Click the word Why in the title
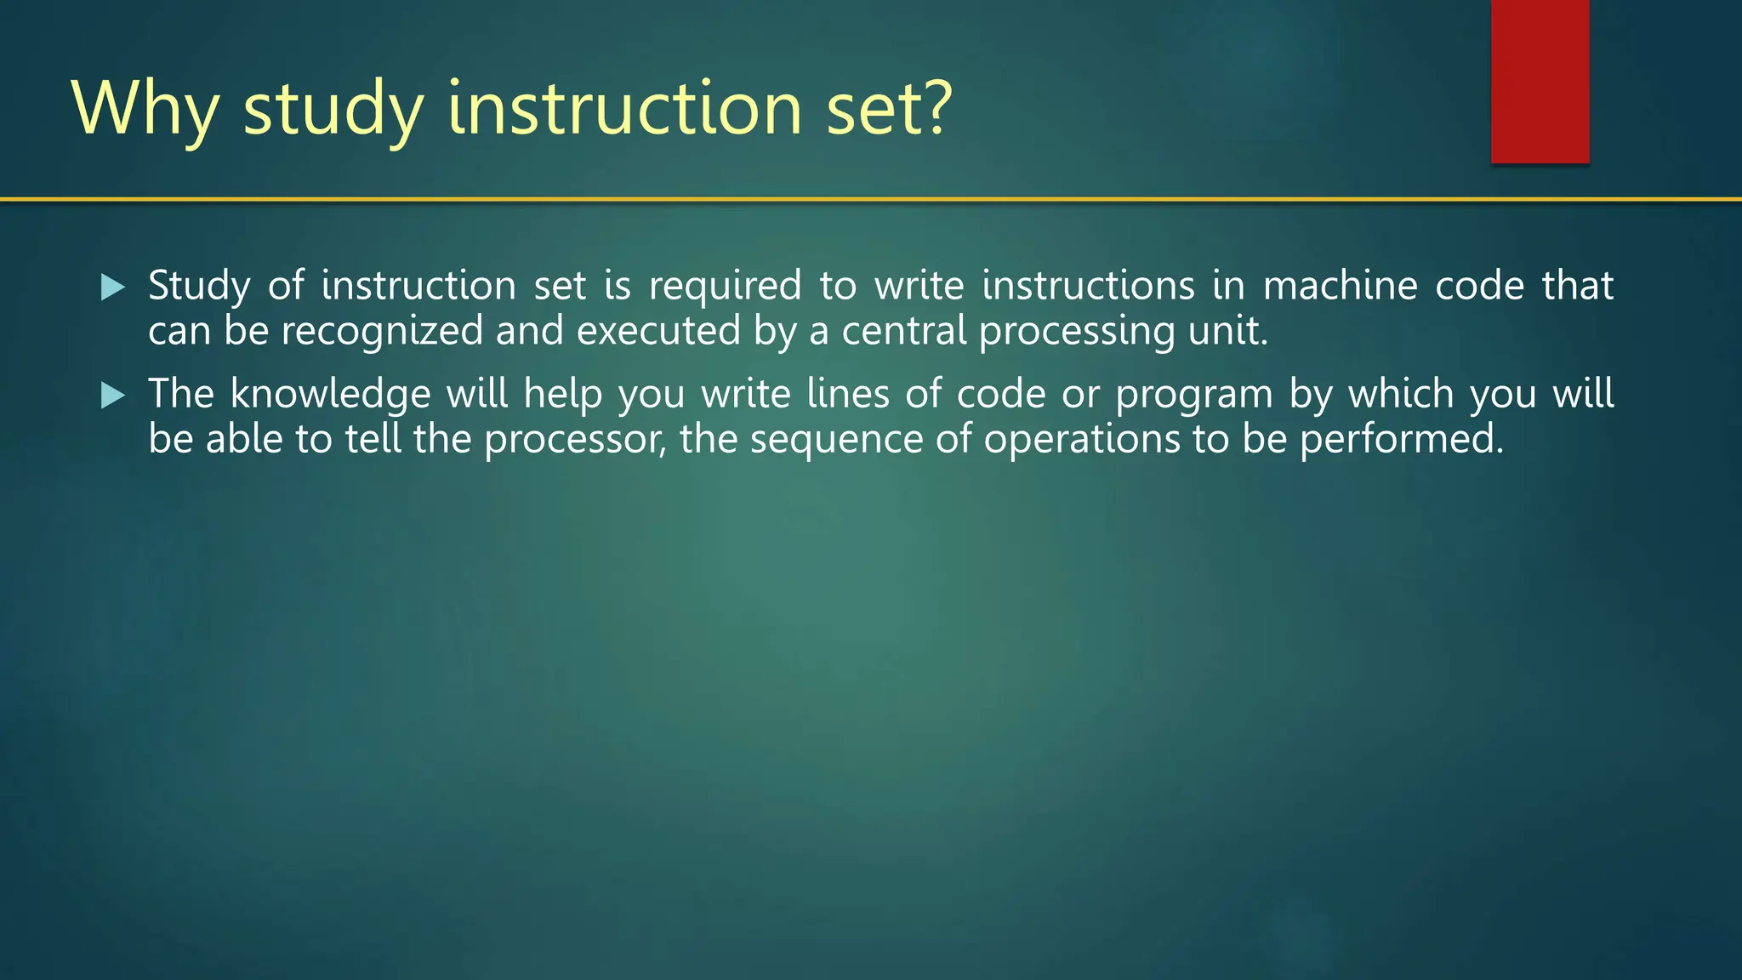[145, 109]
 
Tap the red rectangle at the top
[1540, 81]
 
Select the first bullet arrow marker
[112, 288]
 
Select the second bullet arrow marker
[112, 396]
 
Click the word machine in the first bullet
[1340, 286]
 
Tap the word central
[904, 331]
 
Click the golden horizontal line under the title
[871, 200]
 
